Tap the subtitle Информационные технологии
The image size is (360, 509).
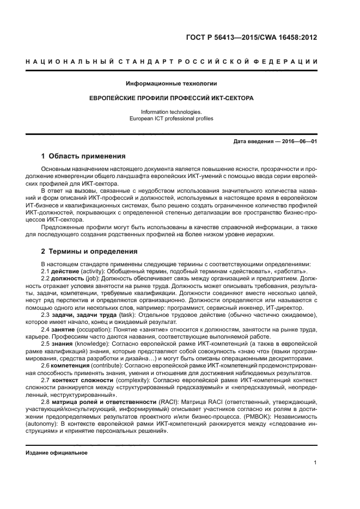coord(172,84)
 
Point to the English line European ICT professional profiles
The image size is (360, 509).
coord(172,118)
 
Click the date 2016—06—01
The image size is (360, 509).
coord(298,142)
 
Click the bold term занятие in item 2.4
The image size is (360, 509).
coord(63,330)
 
